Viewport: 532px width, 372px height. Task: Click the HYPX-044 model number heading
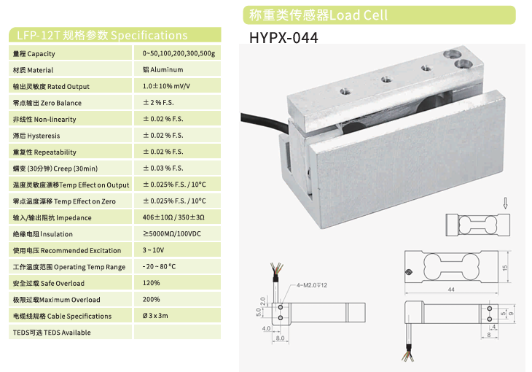[283, 38]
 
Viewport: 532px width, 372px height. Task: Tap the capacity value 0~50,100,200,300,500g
[179, 53]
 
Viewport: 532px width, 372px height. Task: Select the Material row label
[33, 70]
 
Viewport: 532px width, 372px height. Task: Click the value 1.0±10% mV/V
[166, 86]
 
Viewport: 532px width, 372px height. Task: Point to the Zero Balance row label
[47, 103]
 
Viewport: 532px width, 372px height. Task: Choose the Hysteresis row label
[36, 136]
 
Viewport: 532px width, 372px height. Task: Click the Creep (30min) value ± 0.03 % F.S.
[163, 168]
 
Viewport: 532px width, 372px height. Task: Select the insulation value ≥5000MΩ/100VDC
[172, 233]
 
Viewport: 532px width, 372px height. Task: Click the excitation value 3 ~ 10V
[153, 250]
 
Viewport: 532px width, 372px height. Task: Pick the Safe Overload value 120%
[152, 283]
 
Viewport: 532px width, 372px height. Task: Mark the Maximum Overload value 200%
[152, 299]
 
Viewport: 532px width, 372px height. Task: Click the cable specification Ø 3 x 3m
[155, 316]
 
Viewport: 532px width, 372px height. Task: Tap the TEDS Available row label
[52, 333]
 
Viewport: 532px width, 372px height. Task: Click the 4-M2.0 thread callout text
[312, 285]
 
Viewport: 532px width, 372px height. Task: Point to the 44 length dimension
[451, 290]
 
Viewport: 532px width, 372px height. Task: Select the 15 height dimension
[505, 268]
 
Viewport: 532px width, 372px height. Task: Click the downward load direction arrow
[505, 204]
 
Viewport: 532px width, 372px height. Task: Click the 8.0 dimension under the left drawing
[281, 338]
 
